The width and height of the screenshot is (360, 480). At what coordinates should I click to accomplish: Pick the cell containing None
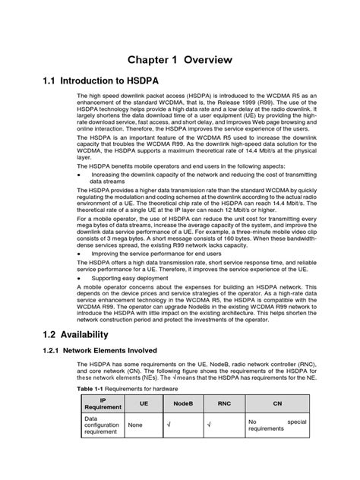pos(137,425)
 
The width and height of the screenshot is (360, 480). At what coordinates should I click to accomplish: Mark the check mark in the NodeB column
pos(169,425)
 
